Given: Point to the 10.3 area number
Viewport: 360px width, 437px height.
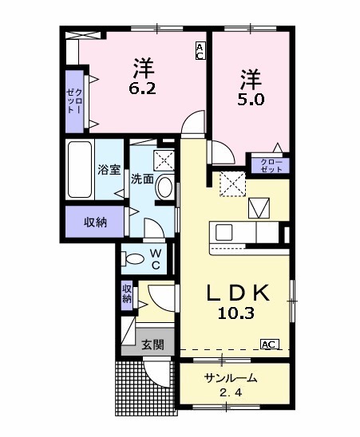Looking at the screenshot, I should [x=235, y=313].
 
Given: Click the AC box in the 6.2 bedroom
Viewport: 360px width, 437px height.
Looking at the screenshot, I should [x=200, y=51].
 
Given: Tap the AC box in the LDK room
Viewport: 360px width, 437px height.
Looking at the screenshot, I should [x=269, y=344].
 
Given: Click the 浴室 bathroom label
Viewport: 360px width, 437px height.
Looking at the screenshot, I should [x=109, y=170].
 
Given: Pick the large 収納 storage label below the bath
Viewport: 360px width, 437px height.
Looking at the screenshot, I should [x=94, y=222].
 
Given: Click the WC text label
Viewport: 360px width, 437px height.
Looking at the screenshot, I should [x=156, y=259].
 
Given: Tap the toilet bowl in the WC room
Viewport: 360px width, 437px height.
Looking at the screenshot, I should [x=134, y=258].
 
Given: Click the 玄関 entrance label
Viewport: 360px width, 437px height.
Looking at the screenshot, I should [x=152, y=345].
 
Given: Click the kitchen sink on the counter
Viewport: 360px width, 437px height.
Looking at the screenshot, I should [x=224, y=232].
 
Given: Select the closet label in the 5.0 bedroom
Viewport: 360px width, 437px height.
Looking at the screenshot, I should [x=271, y=164].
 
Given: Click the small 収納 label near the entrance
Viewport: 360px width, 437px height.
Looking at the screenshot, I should [x=127, y=294].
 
